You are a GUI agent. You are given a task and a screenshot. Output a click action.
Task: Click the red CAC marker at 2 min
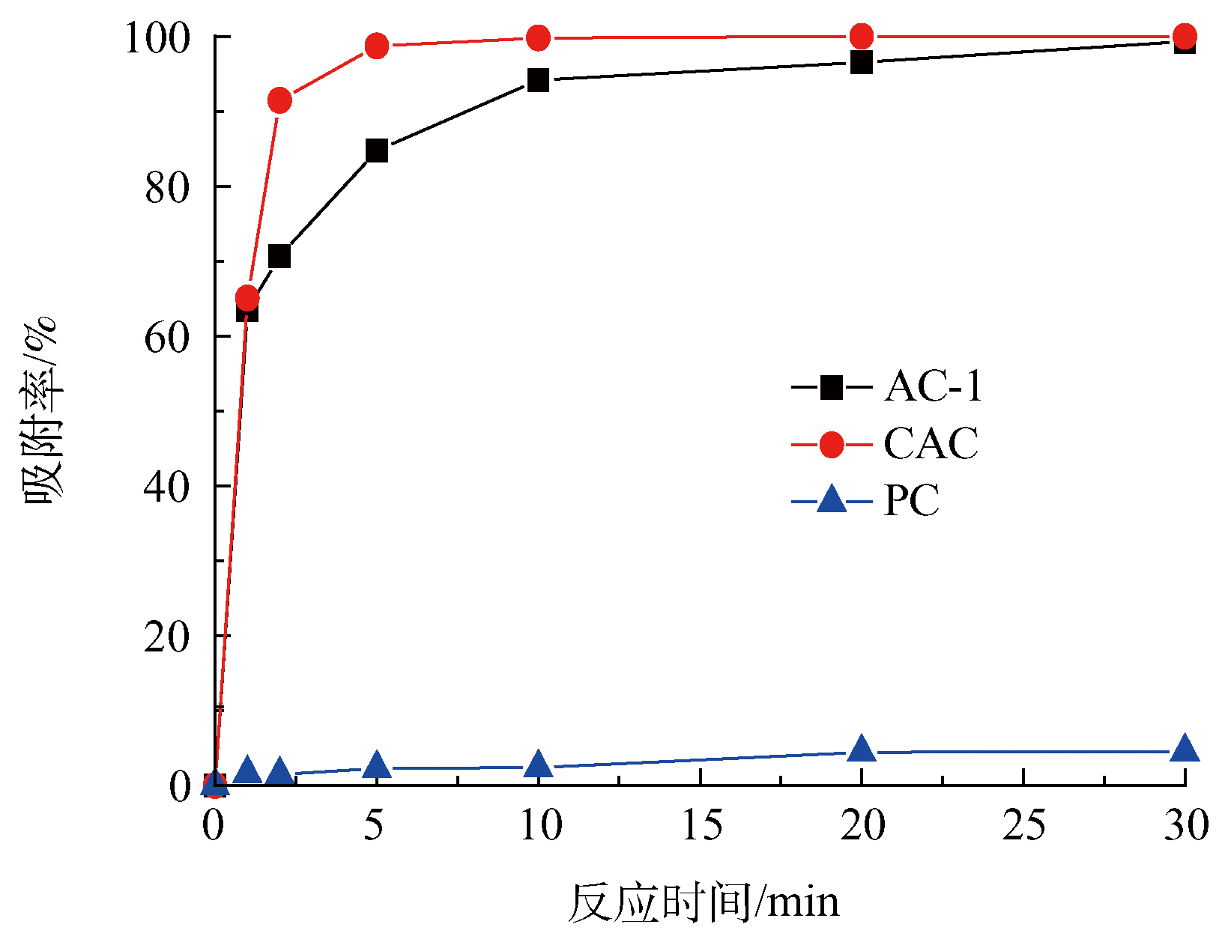coord(279,100)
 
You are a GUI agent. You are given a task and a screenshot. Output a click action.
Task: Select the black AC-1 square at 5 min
coord(377,151)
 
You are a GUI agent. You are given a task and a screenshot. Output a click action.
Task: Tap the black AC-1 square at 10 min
coord(538,80)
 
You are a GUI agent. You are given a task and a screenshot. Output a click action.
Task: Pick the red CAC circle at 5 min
coord(377,46)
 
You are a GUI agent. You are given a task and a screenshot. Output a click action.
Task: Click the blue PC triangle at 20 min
coord(862,748)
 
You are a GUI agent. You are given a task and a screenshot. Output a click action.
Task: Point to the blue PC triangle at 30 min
coord(1185,748)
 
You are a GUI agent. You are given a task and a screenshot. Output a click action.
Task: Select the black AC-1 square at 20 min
coord(862,62)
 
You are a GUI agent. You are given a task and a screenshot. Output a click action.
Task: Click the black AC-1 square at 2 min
coord(279,256)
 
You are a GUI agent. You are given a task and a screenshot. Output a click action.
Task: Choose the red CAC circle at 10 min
coord(538,37)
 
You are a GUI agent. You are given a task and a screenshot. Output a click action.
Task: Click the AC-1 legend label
coord(933,387)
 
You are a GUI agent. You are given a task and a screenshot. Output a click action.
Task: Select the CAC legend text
coord(931,444)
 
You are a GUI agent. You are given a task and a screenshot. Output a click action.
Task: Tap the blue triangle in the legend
coord(832,499)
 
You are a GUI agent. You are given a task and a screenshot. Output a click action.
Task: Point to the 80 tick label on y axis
coord(167,187)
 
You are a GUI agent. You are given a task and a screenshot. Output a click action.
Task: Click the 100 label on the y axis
coord(157,37)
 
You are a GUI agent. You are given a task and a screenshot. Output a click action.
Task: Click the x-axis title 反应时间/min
coord(703,902)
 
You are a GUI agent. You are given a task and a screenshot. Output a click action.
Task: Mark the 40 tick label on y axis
coord(167,487)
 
